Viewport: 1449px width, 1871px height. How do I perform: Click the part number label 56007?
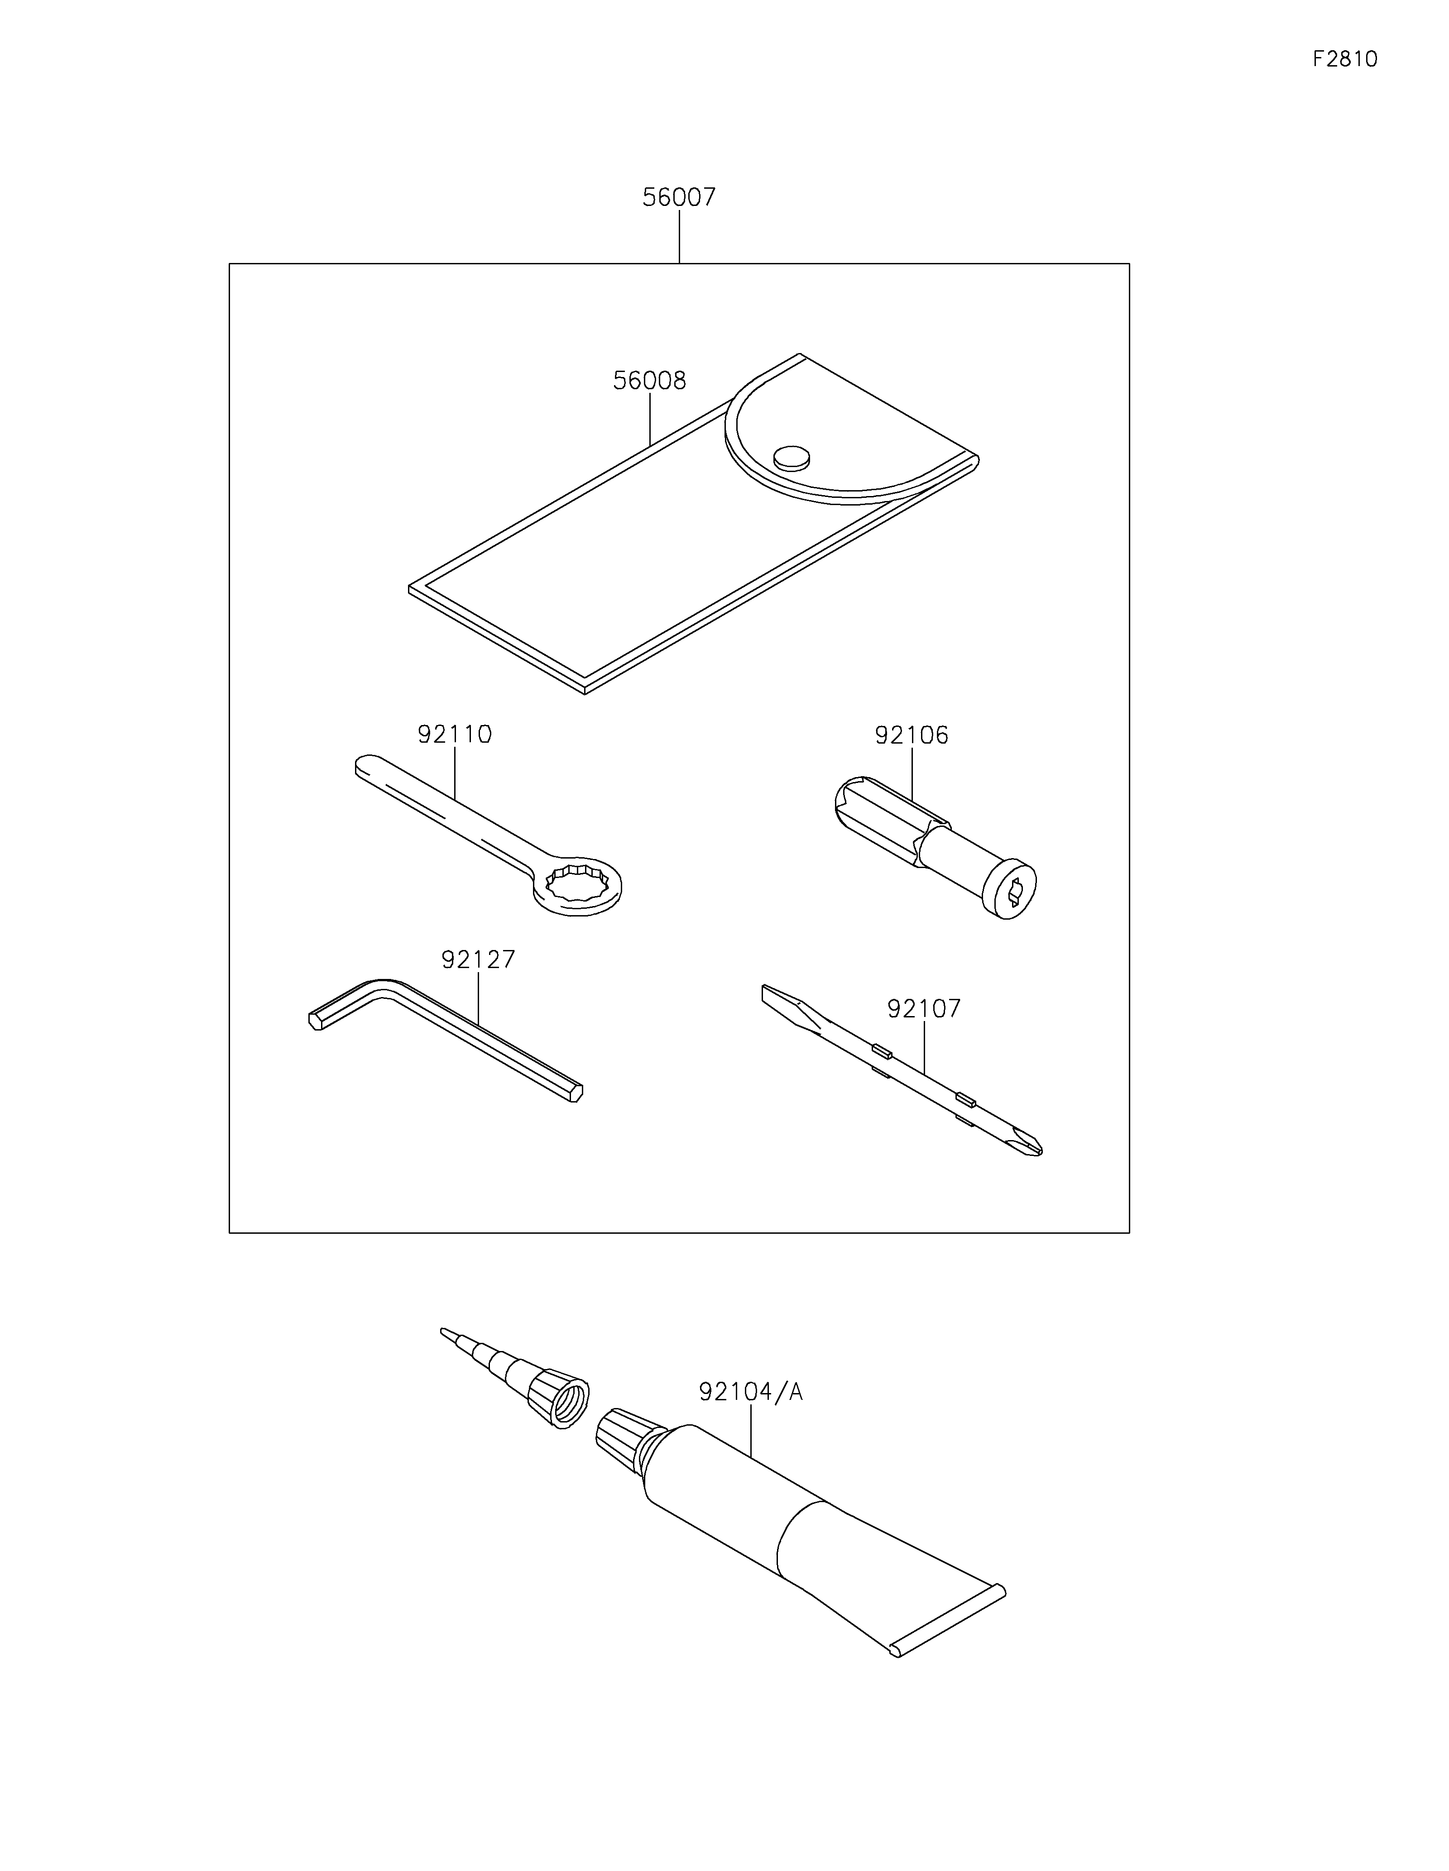coord(679,198)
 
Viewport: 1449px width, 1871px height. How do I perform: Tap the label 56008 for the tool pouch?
coord(649,380)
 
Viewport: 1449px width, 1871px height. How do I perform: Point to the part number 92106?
coord(912,735)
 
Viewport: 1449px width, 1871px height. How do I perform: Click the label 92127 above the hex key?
coord(478,959)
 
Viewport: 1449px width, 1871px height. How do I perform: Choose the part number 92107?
coord(924,1008)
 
